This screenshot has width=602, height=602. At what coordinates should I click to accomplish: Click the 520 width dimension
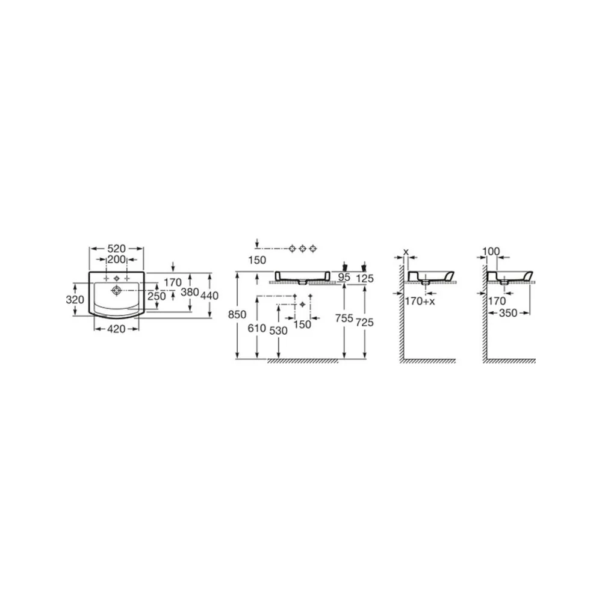tap(116, 249)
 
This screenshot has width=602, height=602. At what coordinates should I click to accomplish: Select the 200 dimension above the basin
tap(116, 259)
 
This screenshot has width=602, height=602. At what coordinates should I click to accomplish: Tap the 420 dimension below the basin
tap(116, 329)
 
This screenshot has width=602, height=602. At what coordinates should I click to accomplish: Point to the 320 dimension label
tap(75, 299)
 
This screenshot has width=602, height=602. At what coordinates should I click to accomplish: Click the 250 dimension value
tap(157, 296)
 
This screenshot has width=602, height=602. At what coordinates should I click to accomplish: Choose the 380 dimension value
tap(190, 293)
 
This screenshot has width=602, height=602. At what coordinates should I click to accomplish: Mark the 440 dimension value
tap(209, 296)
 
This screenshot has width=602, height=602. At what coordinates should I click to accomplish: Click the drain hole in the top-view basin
tap(116, 290)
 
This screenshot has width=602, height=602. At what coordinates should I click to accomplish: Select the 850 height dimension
tap(237, 314)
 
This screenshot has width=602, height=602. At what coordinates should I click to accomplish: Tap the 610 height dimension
tap(257, 328)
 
